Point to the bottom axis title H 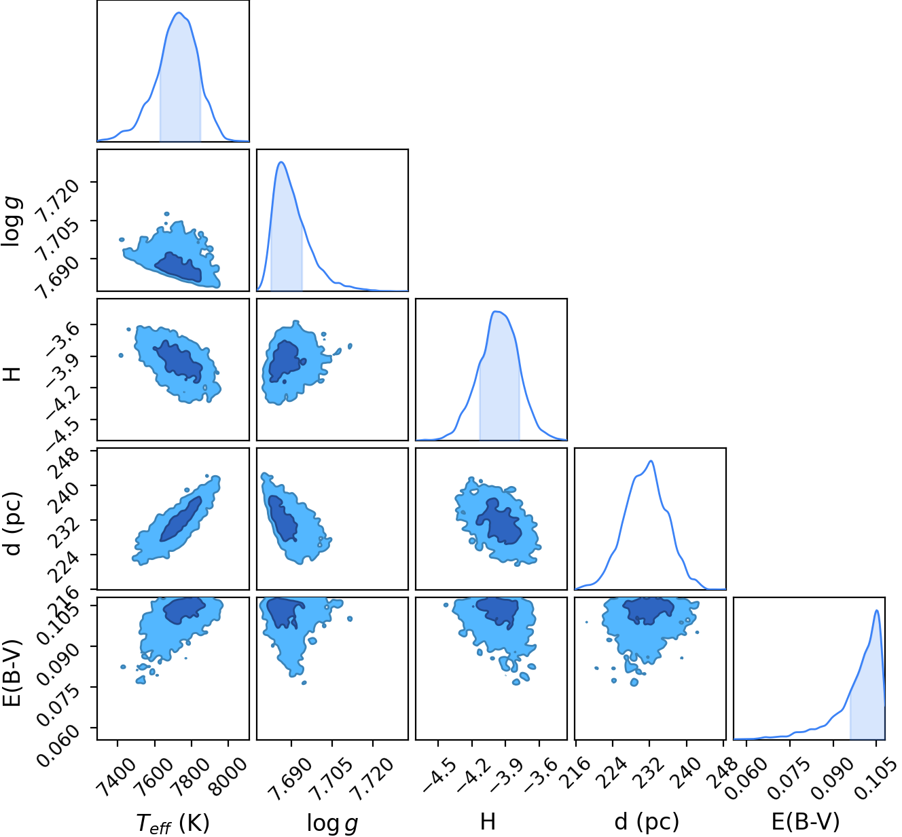click(x=488, y=821)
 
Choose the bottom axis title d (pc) click(x=647, y=821)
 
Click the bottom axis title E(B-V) click(x=806, y=821)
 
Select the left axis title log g click(x=12, y=222)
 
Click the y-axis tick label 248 click(x=63, y=464)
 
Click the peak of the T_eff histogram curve click(x=179, y=13)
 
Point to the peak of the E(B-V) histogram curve click(x=877, y=610)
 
